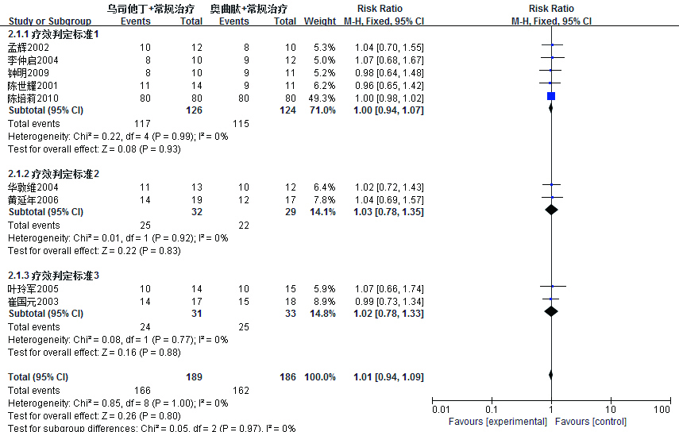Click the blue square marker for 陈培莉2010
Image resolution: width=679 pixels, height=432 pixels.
pos(551,96)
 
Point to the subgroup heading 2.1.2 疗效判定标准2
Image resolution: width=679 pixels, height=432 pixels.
pos(53,173)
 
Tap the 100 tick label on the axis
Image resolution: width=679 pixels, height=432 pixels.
pos(662,409)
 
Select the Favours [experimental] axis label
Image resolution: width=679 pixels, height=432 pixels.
pos(498,421)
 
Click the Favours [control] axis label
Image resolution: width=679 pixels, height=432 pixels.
pos(587,421)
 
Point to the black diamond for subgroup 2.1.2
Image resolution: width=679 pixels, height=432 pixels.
pos(551,211)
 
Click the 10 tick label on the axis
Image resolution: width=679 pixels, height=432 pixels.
pos(611,409)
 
